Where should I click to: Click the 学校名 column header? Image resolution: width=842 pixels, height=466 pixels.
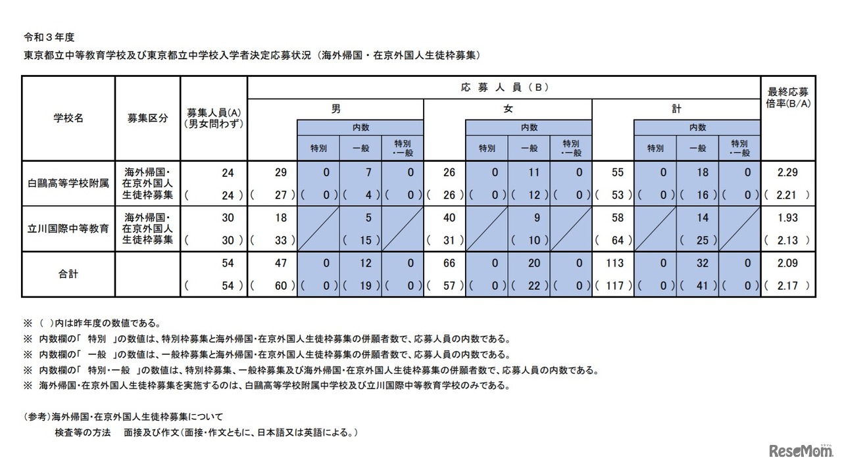[x=68, y=118]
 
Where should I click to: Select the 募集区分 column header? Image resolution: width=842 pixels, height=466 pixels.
[x=147, y=118]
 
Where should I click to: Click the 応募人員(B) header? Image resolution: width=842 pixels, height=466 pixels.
[x=503, y=87]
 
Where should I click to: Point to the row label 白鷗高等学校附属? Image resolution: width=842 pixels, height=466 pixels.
[x=68, y=184]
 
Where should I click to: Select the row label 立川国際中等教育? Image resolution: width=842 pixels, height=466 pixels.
[x=68, y=228]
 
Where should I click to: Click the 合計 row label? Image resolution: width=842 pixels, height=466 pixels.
[x=68, y=273]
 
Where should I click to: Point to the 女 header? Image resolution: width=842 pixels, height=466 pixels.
[x=507, y=109]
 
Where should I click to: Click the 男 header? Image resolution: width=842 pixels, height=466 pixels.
[x=335, y=109]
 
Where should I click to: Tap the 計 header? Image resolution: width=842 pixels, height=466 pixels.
[x=676, y=109]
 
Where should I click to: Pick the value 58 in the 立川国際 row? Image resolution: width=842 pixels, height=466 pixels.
[x=616, y=217]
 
